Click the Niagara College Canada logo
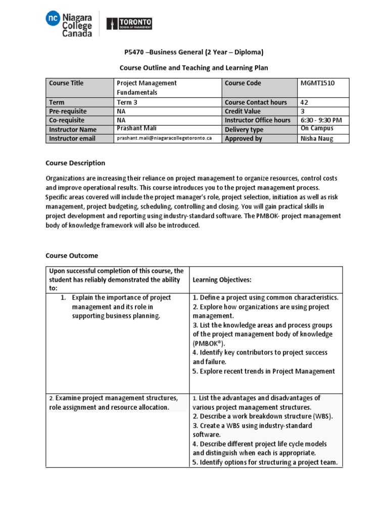[x=69, y=24]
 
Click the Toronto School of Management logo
[x=129, y=24]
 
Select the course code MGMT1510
[x=317, y=83]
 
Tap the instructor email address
[x=165, y=138]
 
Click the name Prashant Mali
[x=135, y=128]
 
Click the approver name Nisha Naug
[x=317, y=138]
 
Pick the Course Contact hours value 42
[x=304, y=102]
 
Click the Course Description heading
[x=75, y=163]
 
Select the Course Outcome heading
[x=72, y=255]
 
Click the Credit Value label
[x=243, y=111]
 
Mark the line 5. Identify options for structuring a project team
[x=265, y=462]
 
